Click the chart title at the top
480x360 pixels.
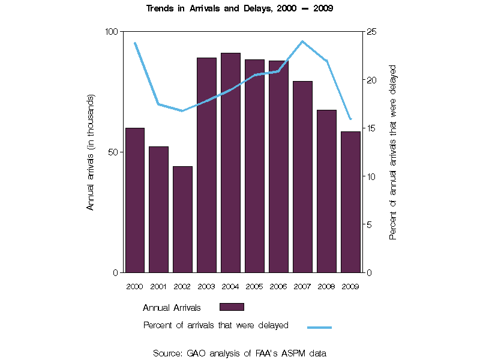240,9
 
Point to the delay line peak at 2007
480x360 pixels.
302,41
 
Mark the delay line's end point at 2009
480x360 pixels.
350,119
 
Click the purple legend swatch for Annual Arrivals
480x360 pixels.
232,307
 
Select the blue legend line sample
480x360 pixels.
319,327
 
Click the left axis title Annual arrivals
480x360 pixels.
91,152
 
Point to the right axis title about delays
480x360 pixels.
394,152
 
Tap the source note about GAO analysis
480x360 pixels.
240,353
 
